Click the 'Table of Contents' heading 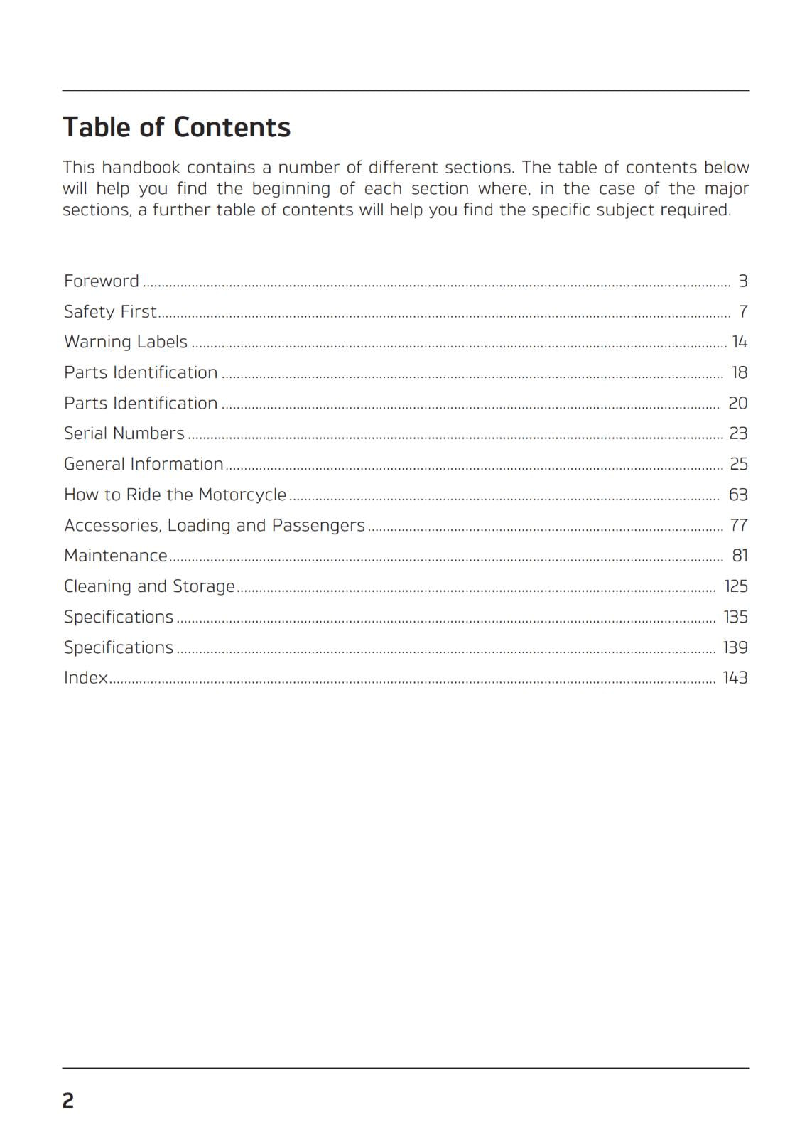click(177, 128)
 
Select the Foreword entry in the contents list click(102, 281)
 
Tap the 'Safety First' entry click(110, 312)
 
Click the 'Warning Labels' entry click(126, 343)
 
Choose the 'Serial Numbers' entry click(124, 433)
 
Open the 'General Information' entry click(144, 464)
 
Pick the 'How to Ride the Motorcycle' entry click(175, 495)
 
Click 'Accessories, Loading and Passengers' click(214, 525)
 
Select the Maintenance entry click(116, 556)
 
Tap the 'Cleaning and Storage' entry click(149, 586)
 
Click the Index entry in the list click(86, 678)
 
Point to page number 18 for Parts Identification click(739, 373)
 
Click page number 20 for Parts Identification click(737, 404)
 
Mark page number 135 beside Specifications click(735, 617)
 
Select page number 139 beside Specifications click(735, 647)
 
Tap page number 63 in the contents click(738, 495)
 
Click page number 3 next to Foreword click(742, 281)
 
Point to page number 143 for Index click(735, 678)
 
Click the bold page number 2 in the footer click(68, 1101)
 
